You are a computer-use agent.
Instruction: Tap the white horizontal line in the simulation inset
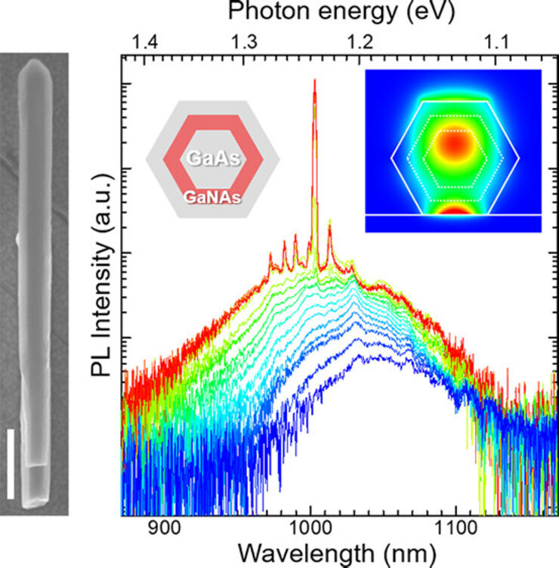[x=453, y=215]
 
